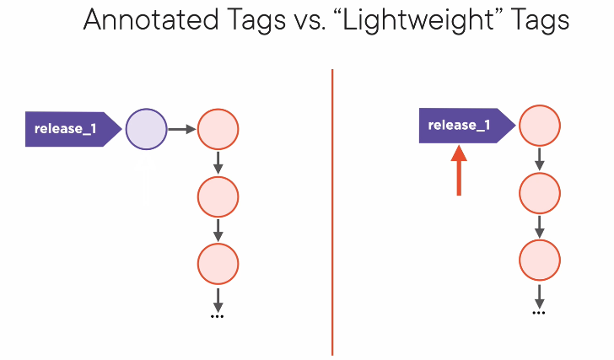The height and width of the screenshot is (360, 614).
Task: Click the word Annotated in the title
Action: coord(151,19)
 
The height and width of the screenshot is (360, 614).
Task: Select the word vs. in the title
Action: coord(310,23)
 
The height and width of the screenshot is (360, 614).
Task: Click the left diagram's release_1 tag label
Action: coord(73,129)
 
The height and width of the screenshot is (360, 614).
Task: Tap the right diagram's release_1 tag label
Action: coord(467,126)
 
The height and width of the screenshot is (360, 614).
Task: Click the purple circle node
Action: coord(147,129)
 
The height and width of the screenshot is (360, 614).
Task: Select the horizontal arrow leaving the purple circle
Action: coord(182,129)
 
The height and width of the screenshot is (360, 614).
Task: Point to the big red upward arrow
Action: coord(459,170)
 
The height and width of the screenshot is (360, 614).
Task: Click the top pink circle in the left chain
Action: coord(218,129)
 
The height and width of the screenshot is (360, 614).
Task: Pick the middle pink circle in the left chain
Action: coord(218,196)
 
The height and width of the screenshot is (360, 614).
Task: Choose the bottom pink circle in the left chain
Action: coord(218,264)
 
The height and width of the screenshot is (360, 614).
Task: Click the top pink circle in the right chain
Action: coord(540,126)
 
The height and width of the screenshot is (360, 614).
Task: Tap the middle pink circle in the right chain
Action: coord(540,193)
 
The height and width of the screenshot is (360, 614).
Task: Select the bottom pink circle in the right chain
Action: coord(540,261)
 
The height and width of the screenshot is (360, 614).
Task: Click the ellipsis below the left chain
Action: coord(218,316)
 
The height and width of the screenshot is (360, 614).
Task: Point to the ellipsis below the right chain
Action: coord(539,313)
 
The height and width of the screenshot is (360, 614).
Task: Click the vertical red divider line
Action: coord(332,212)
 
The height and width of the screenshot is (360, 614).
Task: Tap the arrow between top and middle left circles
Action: coord(218,163)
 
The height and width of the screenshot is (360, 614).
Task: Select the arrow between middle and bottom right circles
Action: coord(540,227)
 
